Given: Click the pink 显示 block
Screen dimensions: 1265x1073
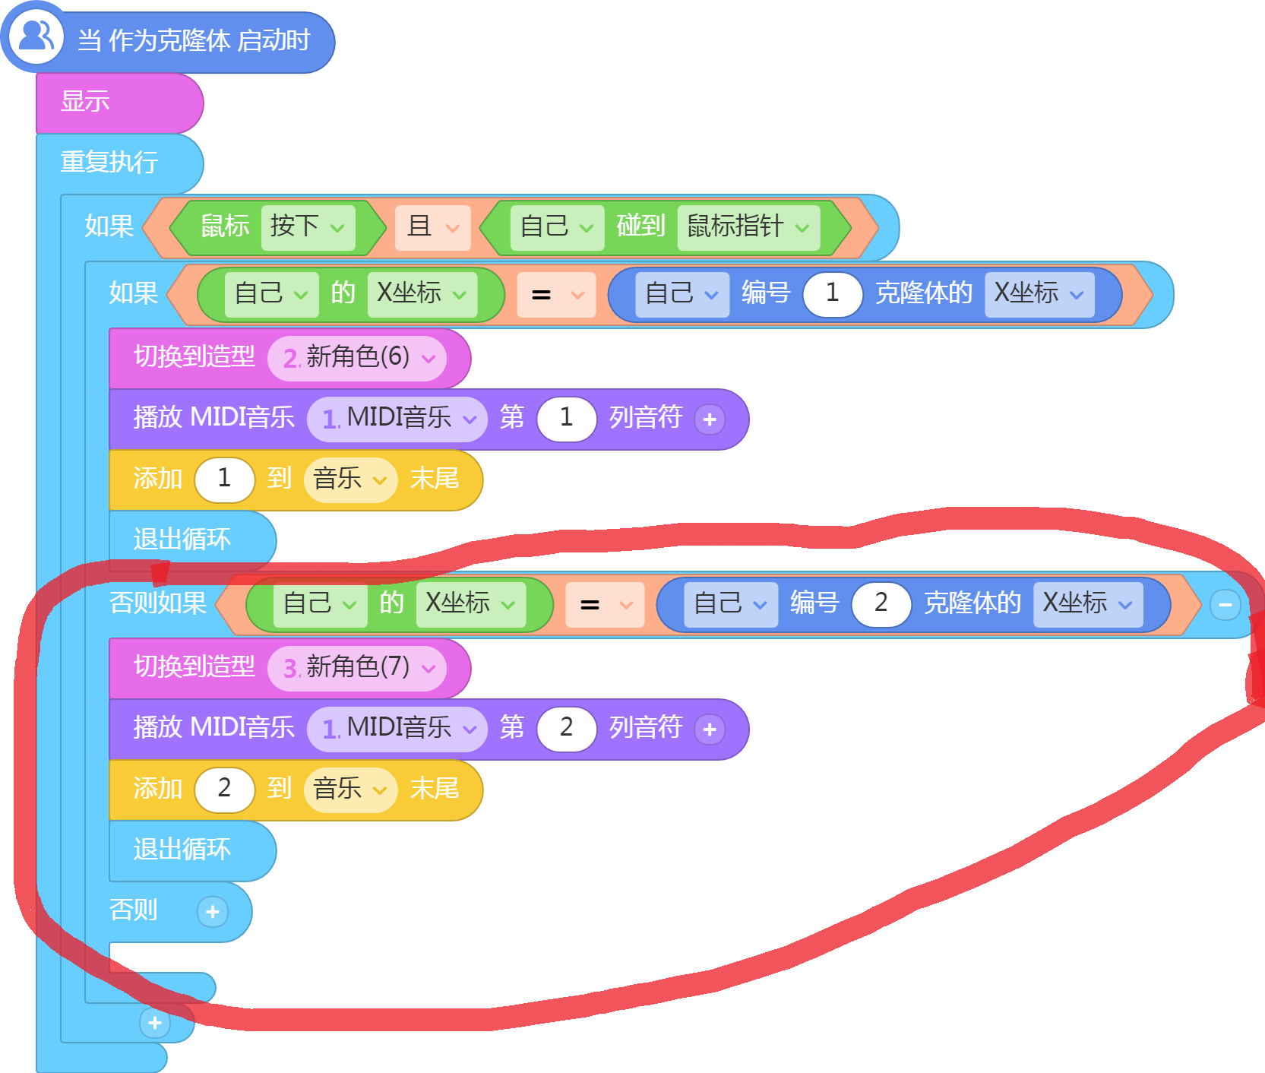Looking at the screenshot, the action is click(119, 103).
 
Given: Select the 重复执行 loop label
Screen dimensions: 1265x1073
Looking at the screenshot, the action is click(109, 162).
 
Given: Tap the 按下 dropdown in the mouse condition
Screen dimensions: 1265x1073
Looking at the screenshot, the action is click(308, 226).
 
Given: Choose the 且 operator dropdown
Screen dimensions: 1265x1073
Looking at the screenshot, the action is click(433, 226).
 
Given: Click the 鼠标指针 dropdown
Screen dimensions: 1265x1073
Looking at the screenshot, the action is click(748, 226).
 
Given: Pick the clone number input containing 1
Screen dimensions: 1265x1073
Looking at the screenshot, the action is click(833, 293).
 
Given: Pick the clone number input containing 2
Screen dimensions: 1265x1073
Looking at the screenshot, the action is click(881, 603).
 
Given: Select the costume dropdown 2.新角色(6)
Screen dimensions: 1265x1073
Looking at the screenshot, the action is click(357, 358).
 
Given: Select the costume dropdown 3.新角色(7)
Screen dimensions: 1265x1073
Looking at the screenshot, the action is click(357, 668).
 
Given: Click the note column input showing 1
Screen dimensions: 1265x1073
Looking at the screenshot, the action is click(566, 418).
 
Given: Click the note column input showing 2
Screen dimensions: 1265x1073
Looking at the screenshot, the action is click(566, 728).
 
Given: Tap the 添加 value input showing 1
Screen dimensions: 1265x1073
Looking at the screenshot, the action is click(224, 479).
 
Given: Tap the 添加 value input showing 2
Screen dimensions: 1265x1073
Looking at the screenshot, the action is click(224, 789).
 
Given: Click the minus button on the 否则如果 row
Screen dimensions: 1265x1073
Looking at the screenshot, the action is click(1225, 605).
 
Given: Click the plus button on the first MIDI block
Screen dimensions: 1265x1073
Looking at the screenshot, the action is click(710, 419).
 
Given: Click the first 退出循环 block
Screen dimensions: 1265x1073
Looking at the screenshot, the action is click(192, 540).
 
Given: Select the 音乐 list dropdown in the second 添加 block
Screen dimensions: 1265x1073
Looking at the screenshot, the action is click(350, 789).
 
